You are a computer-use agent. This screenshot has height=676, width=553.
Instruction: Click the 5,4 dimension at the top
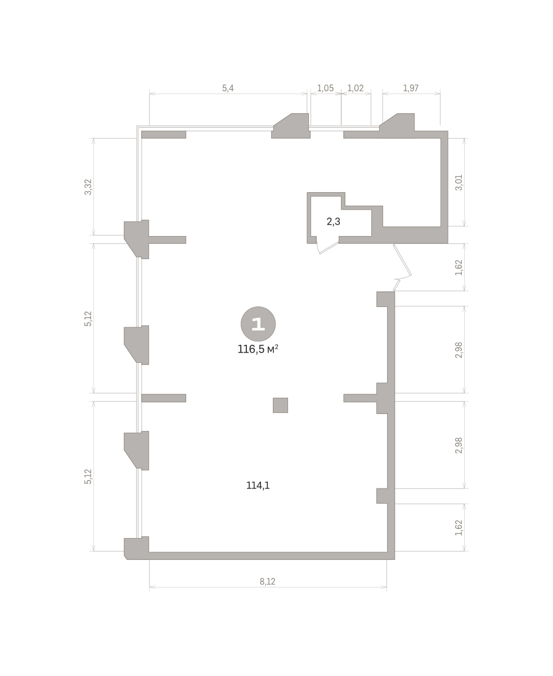point(228,88)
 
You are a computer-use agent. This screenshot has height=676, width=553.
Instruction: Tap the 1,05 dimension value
point(325,88)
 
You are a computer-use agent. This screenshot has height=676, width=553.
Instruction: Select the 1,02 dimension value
point(355,88)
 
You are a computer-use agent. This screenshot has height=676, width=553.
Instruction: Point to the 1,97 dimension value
point(411,88)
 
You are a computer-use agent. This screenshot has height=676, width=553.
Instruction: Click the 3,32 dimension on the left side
point(88,187)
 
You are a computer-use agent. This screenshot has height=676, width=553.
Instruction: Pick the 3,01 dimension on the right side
point(458,183)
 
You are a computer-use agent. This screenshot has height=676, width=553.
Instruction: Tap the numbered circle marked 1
point(258,324)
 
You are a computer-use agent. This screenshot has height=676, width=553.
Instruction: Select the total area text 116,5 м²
point(258,349)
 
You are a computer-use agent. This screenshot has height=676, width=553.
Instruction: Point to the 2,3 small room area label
point(334,221)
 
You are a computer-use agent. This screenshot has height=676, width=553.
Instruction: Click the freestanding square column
point(280,405)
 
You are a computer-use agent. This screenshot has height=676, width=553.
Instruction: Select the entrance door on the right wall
point(402,267)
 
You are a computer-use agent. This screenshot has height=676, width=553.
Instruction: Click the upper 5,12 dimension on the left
point(88,319)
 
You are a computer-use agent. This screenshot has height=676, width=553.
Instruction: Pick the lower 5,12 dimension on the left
point(88,477)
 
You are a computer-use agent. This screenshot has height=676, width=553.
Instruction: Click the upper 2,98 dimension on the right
point(458,350)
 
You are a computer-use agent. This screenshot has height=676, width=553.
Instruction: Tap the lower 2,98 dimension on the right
point(458,445)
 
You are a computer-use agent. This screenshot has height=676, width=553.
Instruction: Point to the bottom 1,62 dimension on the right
point(458,528)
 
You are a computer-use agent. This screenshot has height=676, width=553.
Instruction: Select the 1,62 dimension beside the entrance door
point(458,268)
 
